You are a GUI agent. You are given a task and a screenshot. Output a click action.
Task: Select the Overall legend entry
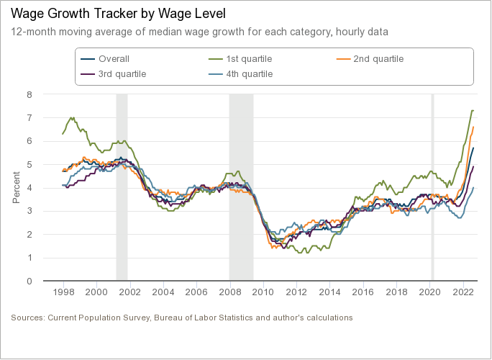click(114, 59)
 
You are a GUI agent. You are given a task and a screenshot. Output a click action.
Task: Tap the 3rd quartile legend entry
click(122, 73)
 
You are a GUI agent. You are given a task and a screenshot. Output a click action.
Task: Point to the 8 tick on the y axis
click(29, 94)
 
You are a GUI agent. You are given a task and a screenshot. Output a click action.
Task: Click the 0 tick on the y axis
click(29, 281)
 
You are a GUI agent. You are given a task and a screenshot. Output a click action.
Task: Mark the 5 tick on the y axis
click(29, 164)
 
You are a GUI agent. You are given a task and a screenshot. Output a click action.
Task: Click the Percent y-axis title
click(16, 187)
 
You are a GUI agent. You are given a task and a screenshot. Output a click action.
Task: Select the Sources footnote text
click(182, 317)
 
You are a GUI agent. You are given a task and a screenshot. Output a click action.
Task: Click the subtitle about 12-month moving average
click(200, 32)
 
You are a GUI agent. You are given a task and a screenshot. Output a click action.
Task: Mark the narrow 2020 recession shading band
click(432, 187)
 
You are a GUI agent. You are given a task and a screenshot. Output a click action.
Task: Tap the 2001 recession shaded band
click(122, 187)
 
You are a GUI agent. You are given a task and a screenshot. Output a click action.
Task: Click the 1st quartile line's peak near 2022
click(472, 111)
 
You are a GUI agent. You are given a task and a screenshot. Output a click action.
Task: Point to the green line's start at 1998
click(63, 134)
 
